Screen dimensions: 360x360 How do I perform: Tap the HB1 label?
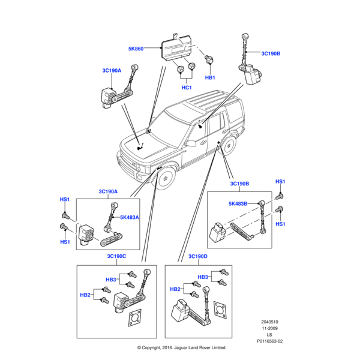pos(210,78)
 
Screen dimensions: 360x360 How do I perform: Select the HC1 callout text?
pos(186,88)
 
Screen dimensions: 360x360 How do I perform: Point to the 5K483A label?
pos(129,217)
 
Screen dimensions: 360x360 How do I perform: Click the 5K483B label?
pos(238,204)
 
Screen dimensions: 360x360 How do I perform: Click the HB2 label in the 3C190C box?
pos(86,295)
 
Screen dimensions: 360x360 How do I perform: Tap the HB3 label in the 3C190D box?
pos(203,277)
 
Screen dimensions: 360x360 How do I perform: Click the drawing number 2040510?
pos(269,322)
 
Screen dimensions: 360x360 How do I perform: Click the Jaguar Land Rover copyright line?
pos(181,348)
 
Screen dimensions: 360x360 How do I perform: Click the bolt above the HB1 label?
pos(210,60)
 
